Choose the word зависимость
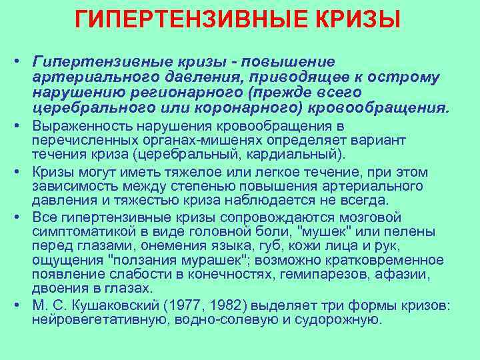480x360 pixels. click(x=67, y=186)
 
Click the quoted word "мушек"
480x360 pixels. click(x=326, y=231)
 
